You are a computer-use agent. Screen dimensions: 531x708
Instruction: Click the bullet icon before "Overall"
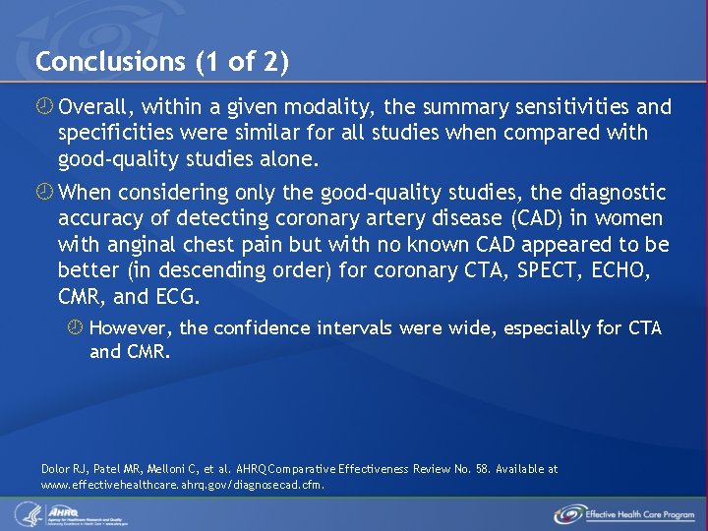[x=45, y=106]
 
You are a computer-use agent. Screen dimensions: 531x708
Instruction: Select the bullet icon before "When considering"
[x=45, y=193]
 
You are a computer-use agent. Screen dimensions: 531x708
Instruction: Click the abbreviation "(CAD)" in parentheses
[x=529, y=218]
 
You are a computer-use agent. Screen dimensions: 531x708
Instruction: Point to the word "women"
[x=623, y=218]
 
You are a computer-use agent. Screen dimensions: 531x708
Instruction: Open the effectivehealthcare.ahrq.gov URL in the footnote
[x=182, y=484]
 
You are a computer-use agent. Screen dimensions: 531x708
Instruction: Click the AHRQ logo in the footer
[x=69, y=513]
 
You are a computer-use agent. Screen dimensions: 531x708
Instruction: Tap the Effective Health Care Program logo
[x=623, y=513]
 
